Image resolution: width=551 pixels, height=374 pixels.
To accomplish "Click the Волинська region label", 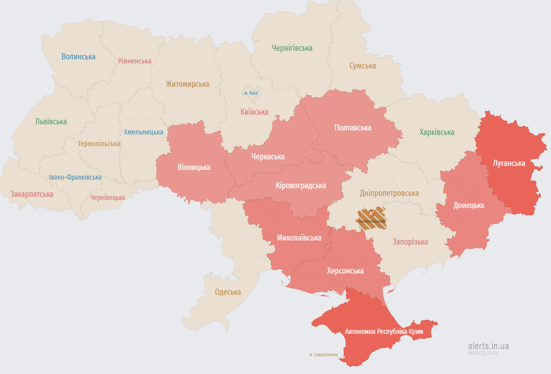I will click(x=79, y=57).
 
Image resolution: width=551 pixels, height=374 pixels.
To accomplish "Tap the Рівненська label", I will click(x=134, y=61).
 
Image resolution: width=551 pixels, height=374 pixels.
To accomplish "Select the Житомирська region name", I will click(x=187, y=84).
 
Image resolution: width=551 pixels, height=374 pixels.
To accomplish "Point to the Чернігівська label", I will click(x=292, y=48).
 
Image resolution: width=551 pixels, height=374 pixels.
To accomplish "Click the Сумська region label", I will click(x=362, y=66).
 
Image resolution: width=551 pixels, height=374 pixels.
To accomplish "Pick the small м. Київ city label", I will click(x=251, y=93).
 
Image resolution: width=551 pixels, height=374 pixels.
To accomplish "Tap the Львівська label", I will click(x=51, y=122).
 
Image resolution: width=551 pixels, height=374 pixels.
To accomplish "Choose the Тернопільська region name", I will click(x=99, y=144).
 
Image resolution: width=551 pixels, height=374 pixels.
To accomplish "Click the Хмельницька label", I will click(x=143, y=132).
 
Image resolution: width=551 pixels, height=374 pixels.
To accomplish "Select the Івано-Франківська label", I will click(x=75, y=177).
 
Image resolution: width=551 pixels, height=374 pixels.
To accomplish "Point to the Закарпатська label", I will click(x=31, y=194).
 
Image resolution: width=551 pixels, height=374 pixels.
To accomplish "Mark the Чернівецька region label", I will click(x=107, y=197).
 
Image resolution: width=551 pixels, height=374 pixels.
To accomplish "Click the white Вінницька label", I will click(x=194, y=167).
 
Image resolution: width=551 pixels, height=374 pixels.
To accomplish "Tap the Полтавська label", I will click(x=353, y=128).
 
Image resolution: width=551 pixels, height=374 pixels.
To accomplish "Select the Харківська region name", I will click(x=436, y=132).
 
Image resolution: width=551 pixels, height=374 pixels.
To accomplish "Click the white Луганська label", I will click(x=509, y=163).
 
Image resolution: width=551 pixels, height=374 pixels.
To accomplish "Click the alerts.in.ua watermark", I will click(x=489, y=346).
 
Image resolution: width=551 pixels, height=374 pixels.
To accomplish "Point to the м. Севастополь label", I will click(x=323, y=355).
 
